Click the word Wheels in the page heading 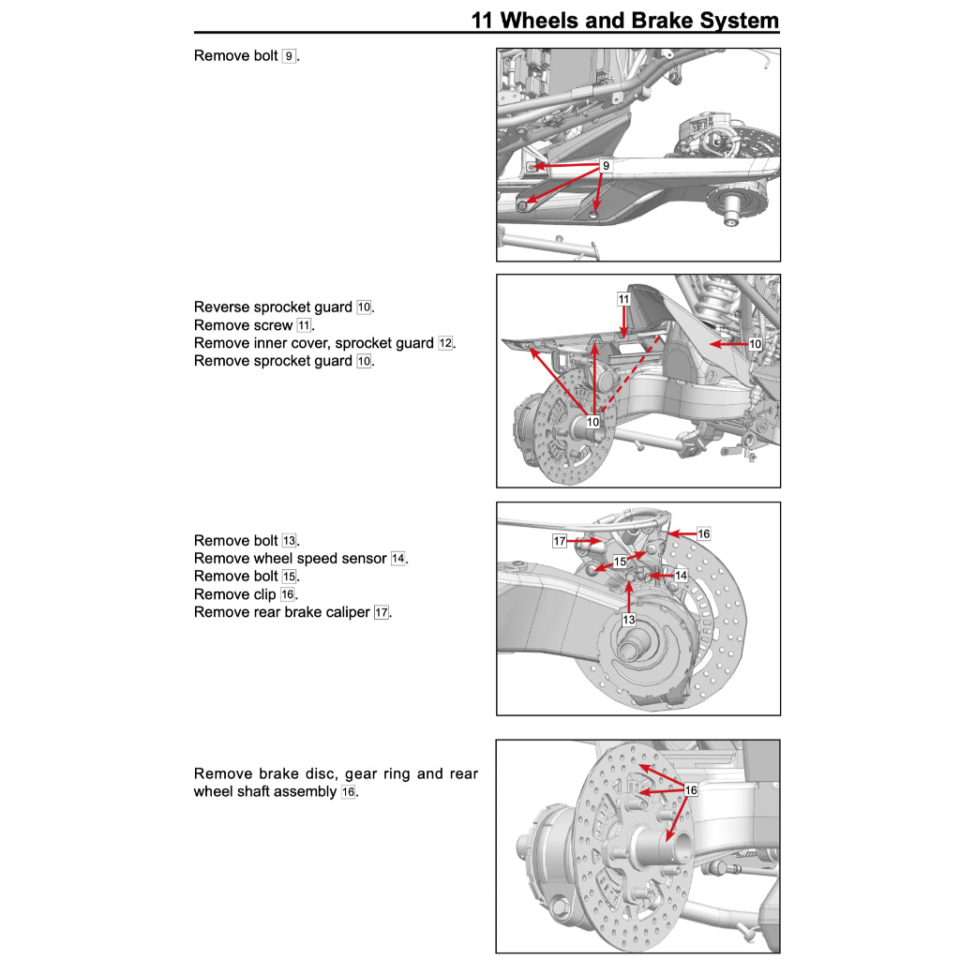(551, 20)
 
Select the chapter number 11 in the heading (484, 20)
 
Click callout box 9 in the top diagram (606, 166)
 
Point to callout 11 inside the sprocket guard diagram (623, 299)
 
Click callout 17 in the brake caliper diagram (560, 541)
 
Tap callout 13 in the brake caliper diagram (628, 620)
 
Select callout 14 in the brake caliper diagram (681, 575)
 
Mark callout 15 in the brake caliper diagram (620, 562)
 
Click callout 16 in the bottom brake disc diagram (691, 790)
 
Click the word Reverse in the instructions (221, 307)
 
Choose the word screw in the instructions (273, 325)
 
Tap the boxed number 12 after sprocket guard (445, 343)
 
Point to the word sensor (362, 559)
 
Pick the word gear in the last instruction (363, 774)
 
